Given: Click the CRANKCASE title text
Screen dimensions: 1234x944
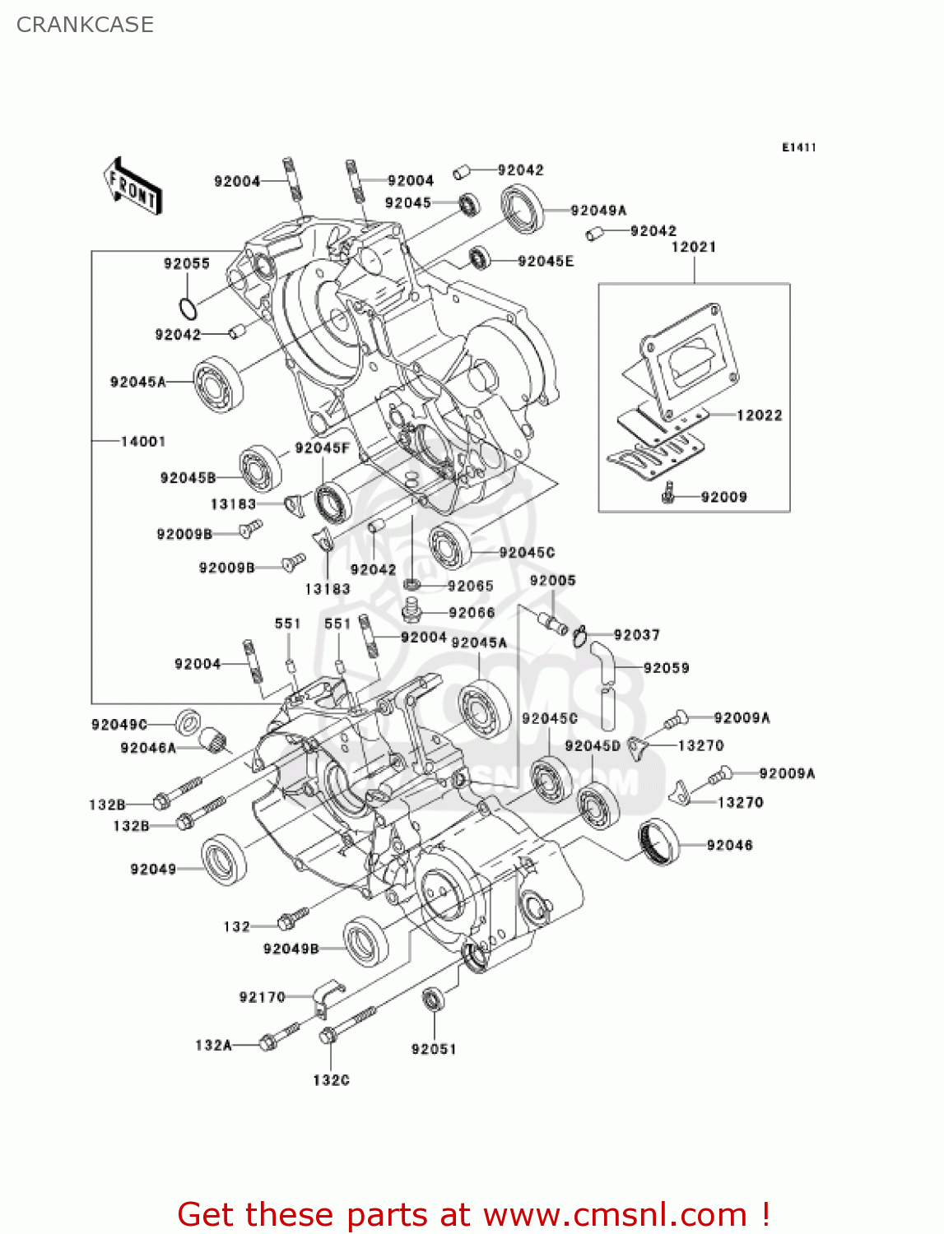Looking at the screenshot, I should click(x=85, y=25).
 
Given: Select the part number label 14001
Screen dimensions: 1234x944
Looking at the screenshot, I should click(x=143, y=442).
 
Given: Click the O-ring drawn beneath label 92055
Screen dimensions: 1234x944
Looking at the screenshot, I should click(x=188, y=309).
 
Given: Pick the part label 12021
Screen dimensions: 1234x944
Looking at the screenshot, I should click(x=694, y=247).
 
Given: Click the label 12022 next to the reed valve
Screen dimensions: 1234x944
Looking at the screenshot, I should click(x=759, y=415).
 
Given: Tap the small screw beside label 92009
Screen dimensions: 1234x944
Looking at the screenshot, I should click(x=670, y=494).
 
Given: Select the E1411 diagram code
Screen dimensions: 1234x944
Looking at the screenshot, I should click(x=798, y=147).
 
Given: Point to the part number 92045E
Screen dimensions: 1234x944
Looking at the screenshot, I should click(x=546, y=262).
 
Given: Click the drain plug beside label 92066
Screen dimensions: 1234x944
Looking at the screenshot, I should click(x=412, y=611).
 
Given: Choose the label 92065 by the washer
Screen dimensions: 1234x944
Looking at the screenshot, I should click(x=470, y=586).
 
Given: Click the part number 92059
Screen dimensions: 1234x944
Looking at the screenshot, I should click(x=666, y=668).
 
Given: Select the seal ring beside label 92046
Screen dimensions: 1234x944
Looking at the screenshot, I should click(x=660, y=842).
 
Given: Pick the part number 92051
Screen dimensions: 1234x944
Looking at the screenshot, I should click(x=434, y=1049).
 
